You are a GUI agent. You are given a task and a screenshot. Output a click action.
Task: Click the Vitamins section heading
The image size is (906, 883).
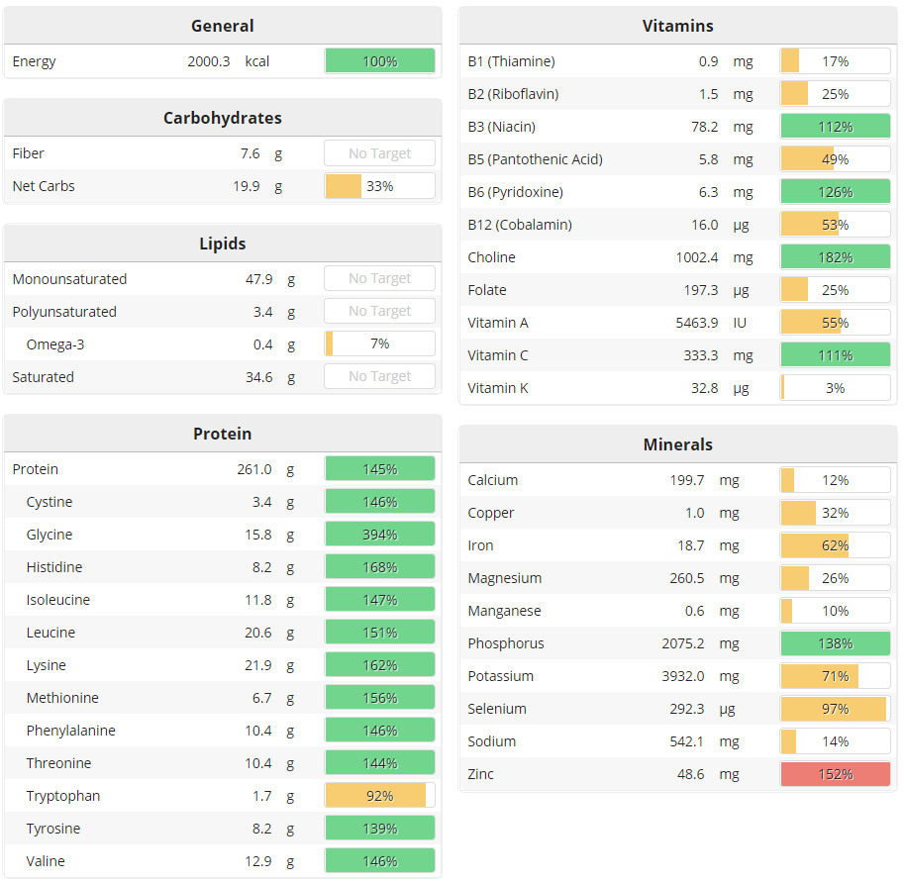677,26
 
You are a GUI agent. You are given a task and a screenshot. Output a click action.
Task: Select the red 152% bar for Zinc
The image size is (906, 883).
835,774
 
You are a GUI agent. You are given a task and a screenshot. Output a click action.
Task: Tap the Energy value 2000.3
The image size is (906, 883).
208,61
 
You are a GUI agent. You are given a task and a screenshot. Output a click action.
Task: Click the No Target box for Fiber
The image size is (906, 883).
379,153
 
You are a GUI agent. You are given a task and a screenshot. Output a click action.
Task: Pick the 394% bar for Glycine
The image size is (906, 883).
379,535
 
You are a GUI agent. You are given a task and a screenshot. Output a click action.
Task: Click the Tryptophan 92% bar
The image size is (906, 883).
379,796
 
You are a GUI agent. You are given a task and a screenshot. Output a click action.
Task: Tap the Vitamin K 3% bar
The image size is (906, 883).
835,388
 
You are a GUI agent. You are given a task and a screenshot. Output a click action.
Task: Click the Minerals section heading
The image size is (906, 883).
677,444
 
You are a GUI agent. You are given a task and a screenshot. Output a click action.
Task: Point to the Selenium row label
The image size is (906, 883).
497,709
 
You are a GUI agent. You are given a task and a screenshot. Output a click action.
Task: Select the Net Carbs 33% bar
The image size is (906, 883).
379,186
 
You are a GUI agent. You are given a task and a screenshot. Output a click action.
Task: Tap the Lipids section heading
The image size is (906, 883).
222,244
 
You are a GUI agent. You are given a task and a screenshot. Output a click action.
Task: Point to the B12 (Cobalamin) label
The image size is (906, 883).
519,225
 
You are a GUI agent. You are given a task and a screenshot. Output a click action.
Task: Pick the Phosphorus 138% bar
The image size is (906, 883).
835,643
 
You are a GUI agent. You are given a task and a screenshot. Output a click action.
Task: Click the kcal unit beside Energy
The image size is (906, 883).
257,61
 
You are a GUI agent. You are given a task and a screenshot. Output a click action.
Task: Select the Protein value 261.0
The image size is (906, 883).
253,469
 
